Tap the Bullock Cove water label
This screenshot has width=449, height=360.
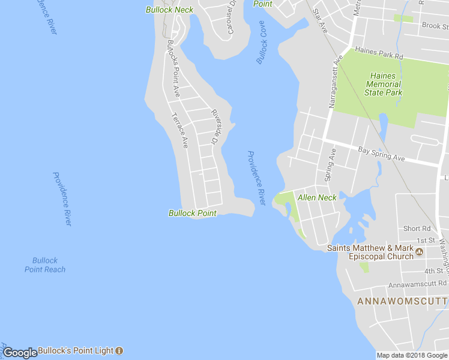[262, 43]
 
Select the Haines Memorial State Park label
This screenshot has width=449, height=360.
[383, 84]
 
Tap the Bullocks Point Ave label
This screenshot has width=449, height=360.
[173, 68]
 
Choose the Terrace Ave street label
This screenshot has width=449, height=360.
[180, 130]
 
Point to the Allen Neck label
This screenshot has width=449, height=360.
[317, 197]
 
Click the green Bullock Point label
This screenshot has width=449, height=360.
[192, 213]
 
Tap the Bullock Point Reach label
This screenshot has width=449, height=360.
[45, 265]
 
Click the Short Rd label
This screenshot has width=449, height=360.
[417, 229]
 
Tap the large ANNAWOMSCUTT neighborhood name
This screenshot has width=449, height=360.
[402, 301]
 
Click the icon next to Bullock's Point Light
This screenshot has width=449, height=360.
[119, 350]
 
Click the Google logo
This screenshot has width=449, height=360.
[20, 353]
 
